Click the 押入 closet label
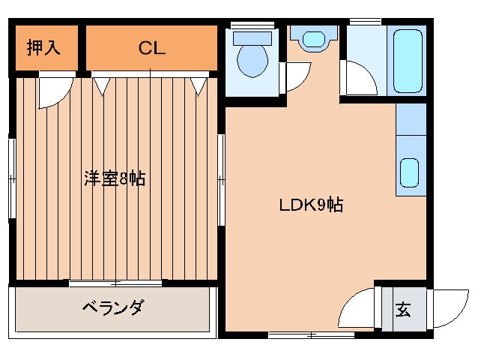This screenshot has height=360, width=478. tap(43, 48)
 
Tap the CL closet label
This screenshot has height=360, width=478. tap(151, 48)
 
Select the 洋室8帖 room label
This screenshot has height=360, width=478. tap(114, 179)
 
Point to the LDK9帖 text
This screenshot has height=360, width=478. tap(310, 204)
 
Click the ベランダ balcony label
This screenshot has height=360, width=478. tap(112, 308)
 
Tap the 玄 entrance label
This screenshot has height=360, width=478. tap(402, 309)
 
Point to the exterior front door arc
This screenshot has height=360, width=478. tap(450, 307)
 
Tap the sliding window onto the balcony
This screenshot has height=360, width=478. tap(116, 283)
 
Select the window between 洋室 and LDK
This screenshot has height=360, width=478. tap(220, 179)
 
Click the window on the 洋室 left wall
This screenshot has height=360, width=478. tap(10, 179)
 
